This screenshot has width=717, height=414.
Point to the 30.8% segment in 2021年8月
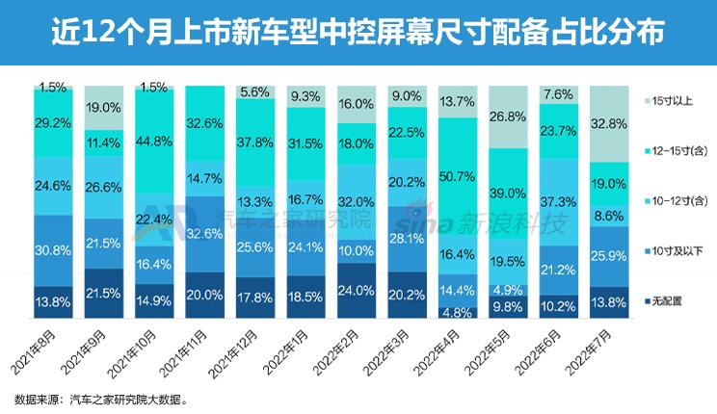[x=54, y=249]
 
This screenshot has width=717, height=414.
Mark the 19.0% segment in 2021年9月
[x=104, y=109]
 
